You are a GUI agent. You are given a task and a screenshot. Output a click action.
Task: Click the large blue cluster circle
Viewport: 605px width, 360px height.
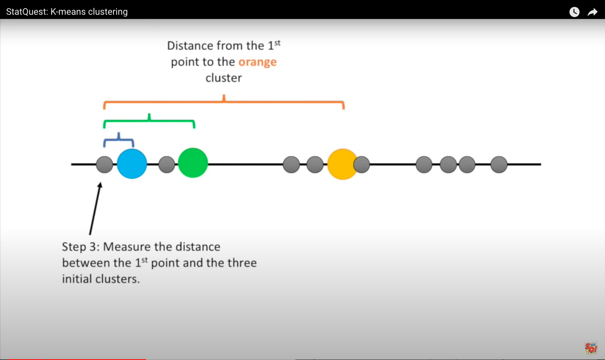click(x=132, y=164)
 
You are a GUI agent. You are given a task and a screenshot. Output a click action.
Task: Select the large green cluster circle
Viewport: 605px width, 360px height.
click(x=193, y=163)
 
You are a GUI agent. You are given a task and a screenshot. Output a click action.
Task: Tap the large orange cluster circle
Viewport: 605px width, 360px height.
click(x=341, y=164)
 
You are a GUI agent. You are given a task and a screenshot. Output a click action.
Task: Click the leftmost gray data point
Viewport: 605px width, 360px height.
click(x=104, y=164)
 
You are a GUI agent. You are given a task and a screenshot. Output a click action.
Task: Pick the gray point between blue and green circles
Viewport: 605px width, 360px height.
click(x=166, y=164)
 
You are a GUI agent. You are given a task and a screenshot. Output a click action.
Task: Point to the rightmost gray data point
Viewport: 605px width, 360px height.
click(x=499, y=164)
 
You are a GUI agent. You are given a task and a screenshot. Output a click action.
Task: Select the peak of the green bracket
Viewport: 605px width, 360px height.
click(x=149, y=116)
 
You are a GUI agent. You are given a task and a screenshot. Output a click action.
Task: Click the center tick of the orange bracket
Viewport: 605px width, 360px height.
click(x=224, y=98)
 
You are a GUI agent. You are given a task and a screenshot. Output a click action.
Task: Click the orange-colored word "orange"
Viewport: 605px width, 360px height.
click(x=257, y=62)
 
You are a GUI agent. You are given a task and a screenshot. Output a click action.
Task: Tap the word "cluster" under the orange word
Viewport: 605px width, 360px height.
click(x=224, y=78)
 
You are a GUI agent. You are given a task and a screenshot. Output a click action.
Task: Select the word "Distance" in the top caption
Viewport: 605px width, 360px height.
click(x=190, y=46)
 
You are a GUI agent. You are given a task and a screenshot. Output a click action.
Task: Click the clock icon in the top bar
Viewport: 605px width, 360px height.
click(x=574, y=12)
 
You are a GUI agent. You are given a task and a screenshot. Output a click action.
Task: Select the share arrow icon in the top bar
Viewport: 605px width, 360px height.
click(x=592, y=12)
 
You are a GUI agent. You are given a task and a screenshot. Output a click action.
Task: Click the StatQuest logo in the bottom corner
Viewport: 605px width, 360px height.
click(x=591, y=348)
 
